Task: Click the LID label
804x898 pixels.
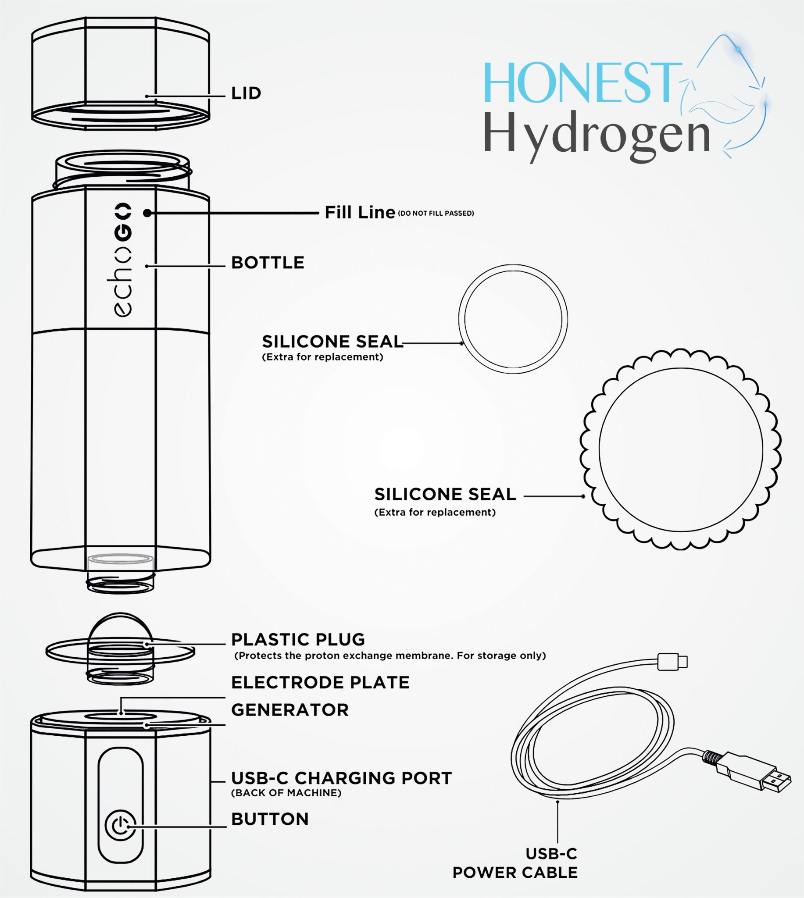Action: (246, 93)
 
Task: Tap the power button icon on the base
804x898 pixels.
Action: (120, 826)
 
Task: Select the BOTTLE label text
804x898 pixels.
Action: (268, 263)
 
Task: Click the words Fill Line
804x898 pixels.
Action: (360, 212)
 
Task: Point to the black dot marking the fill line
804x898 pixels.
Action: (147, 213)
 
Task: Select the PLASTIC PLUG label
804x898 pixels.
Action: (298, 639)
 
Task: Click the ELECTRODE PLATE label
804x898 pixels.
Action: (320, 682)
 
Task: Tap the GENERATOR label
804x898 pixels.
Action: (290, 710)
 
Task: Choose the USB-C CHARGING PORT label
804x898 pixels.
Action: (342, 778)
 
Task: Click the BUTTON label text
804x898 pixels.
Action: (270, 819)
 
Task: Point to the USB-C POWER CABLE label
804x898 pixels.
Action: (515, 863)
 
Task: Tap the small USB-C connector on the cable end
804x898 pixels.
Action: (672, 661)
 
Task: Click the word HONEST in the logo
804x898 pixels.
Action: (582, 83)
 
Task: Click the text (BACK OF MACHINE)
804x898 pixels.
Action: (286, 793)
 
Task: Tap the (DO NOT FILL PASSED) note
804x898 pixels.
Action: (436, 213)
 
